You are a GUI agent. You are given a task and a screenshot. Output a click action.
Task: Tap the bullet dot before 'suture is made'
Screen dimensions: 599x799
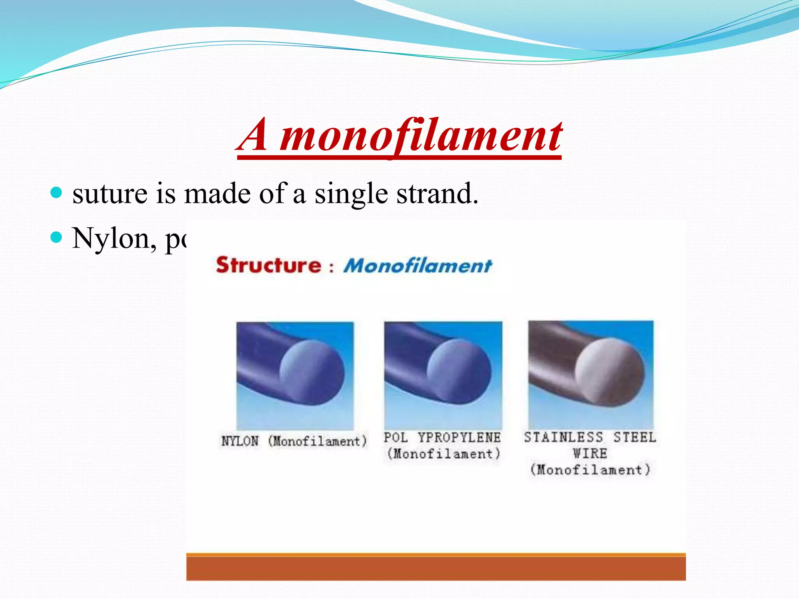(x=57, y=192)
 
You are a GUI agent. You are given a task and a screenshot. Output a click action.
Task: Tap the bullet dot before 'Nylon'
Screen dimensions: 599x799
(x=57, y=237)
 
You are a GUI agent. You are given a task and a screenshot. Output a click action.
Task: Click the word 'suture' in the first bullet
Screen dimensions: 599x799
(x=110, y=194)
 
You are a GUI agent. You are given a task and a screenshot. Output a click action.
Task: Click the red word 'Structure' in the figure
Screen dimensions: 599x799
(x=268, y=265)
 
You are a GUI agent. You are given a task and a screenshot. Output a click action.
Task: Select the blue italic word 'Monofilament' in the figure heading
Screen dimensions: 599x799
(x=417, y=266)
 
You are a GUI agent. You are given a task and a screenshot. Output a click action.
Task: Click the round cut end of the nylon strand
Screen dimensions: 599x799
(x=312, y=372)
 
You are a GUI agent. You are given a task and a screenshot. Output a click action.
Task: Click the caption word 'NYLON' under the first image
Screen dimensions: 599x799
(x=240, y=441)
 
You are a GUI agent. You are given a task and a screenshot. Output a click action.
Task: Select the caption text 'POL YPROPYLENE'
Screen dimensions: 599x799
(x=442, y=438)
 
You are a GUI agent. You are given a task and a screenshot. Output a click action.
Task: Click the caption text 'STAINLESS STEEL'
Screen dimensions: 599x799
(x=590, y=437)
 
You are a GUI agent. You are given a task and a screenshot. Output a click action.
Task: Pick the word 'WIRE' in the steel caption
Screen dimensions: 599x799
(x=590, y=454)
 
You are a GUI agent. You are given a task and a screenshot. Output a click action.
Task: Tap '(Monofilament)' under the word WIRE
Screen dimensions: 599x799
(x=590, y=470)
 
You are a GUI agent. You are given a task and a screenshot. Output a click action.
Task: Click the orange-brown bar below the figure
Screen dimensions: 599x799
(x=436, y=567)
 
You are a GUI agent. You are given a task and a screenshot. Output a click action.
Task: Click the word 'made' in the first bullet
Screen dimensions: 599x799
(x=217, y=194)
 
